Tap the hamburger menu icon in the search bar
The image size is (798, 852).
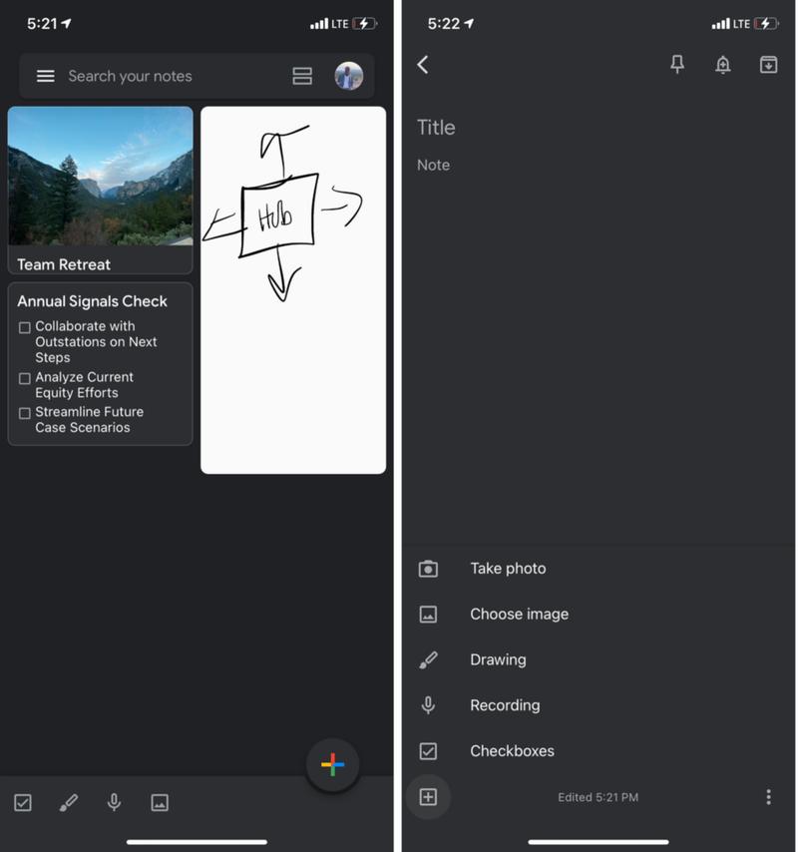(46, 76)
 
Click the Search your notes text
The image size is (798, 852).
(130, 76)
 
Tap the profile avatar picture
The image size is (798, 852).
(349, 76)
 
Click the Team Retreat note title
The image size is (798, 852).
(64, 264)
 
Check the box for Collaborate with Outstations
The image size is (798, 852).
(25, 327)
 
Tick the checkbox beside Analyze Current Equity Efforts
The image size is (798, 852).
(25, 378)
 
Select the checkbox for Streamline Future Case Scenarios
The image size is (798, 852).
(25, 413)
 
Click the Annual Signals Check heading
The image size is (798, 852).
(92, 301)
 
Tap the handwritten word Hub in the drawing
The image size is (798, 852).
(275, 216)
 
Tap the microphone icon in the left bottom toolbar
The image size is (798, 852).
(115, 802)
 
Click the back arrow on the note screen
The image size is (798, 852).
(423, 65)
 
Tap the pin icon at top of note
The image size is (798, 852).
(677, 65)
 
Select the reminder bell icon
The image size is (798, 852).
(723, 65)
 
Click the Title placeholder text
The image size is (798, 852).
(436, 127)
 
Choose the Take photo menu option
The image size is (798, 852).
(508, 569)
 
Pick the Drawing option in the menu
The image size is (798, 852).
(498, 659)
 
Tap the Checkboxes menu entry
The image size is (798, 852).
(512, 751)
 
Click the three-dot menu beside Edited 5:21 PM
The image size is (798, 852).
(768, 797)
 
